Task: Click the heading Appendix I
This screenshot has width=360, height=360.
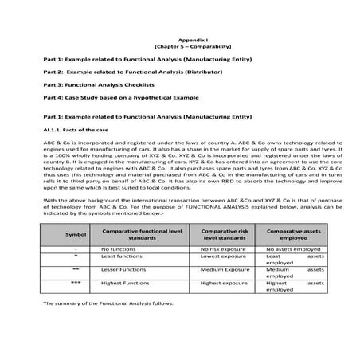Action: [x=179, y=38]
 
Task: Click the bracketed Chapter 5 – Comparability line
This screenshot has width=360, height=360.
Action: [x=179, y=46]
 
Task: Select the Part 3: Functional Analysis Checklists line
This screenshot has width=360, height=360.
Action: [x=99, y=84]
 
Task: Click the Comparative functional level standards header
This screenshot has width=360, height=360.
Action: [x=141, y=233]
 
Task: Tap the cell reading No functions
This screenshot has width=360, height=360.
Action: [x=120, y=249]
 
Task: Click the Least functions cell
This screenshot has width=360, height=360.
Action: [x=122, y=256]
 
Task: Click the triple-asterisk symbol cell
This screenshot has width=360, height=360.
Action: [x=75, y=283]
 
